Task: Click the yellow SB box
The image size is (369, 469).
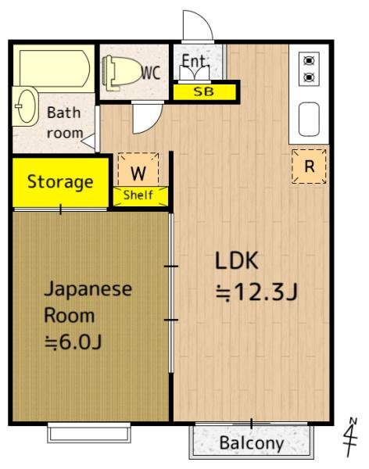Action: [203, 92]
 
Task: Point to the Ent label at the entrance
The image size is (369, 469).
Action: [194, 61]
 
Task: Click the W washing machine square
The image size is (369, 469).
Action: [138, 170]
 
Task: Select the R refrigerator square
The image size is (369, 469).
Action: [310, 166]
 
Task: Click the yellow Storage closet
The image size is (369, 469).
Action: [59, 183]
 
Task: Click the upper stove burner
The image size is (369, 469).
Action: [308, 60]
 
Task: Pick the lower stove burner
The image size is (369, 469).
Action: [308, 77]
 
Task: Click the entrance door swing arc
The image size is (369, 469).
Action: [197, 27]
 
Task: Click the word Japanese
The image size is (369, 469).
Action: [87, 288]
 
